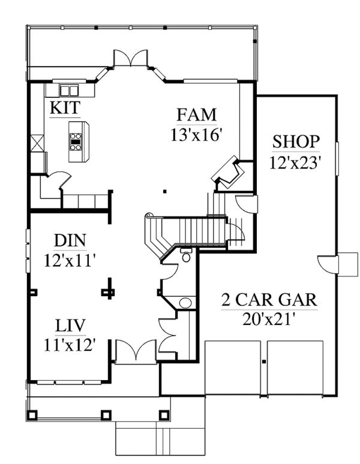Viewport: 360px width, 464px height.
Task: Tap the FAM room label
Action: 196,114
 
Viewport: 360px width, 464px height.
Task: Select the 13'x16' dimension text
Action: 196,134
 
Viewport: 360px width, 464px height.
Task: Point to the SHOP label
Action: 295,141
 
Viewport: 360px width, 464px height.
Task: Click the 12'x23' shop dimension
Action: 295,162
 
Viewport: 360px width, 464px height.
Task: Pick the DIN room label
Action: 70,241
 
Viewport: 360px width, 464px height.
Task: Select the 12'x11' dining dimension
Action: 70,261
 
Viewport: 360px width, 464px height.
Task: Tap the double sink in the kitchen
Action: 68,91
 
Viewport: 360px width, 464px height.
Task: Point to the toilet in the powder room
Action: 187,257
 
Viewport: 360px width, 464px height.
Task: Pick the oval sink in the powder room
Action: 187,302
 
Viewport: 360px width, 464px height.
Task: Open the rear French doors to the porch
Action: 130,58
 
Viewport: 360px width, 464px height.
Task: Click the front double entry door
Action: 137,350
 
